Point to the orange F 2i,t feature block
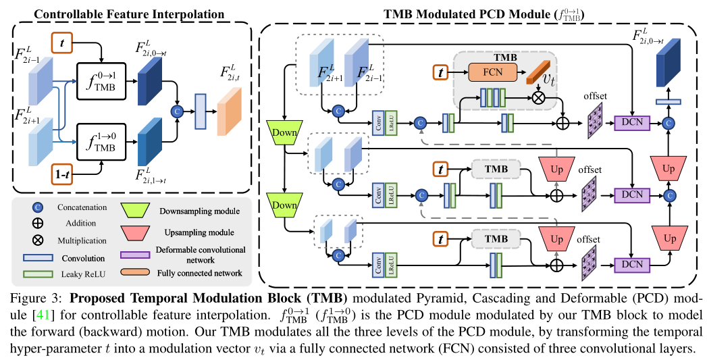pos(228,108)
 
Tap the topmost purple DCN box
pos(631,122)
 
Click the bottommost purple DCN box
pos(631,265)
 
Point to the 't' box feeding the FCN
pos(440,70)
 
